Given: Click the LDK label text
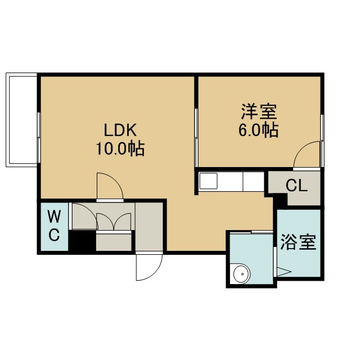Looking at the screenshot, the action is tap(120, 130).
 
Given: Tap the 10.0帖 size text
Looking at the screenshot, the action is tap(120, 148).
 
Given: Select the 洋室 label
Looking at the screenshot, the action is tap(259, 112).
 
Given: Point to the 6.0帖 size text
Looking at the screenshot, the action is tap(259, 130).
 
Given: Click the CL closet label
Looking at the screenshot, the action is tap(296, 186).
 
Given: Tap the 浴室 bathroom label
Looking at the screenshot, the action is tap(299, 242).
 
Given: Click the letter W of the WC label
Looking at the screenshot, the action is tap(54, 217).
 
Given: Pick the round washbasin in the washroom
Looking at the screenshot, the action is tap(242, 274).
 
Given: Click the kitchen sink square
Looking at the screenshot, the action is tap(208, 181).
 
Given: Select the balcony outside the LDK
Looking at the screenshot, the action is tap(21, 120).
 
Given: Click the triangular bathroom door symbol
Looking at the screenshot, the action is tap(283, 272).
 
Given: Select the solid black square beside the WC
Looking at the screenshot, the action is tap(84, 241).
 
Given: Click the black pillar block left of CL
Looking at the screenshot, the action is tap(282, 199).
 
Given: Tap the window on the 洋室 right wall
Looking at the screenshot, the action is tap(322, 140).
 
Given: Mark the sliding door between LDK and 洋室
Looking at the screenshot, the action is tap(196, 138).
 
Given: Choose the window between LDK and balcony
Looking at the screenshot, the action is tap(39, 138).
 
